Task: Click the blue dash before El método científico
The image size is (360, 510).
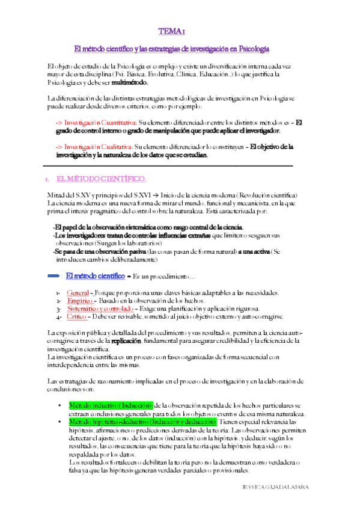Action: (53, 276)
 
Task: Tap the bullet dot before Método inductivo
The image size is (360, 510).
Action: (59, 406)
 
